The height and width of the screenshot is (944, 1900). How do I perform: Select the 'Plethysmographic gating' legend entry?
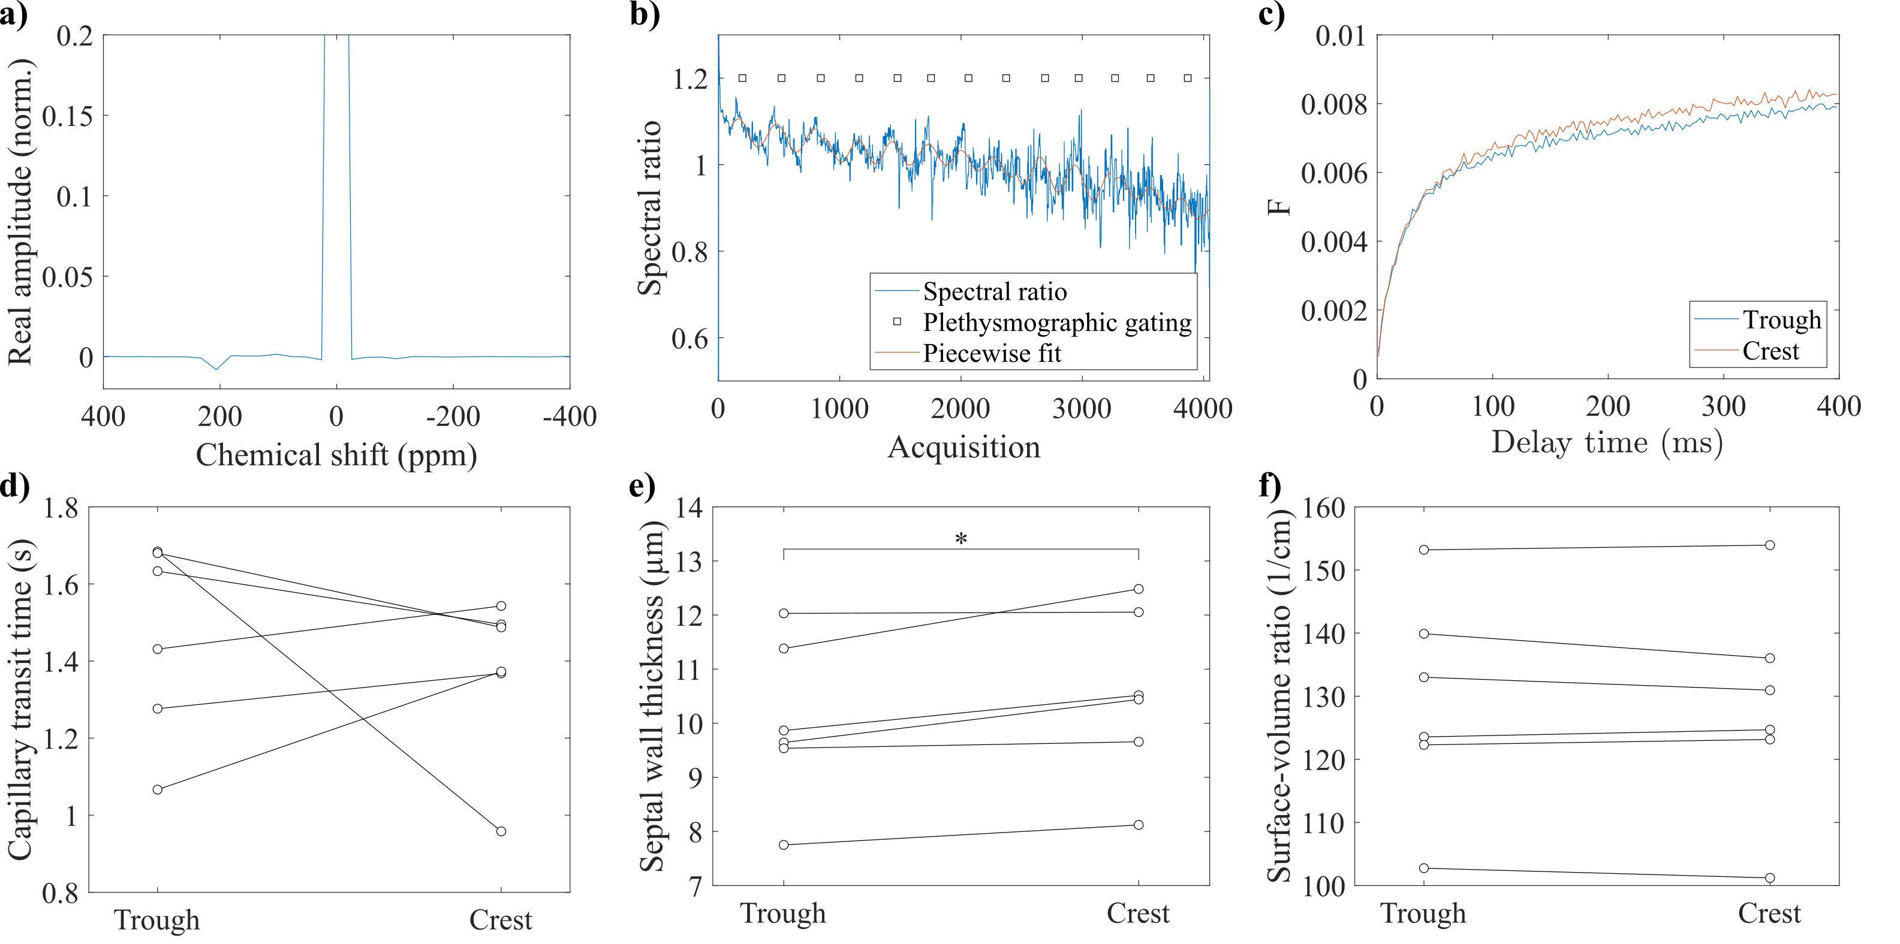pos(1056,322)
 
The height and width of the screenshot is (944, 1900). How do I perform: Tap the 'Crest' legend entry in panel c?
pos(1770,351)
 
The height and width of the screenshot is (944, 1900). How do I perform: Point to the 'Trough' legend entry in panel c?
pos(1781,319)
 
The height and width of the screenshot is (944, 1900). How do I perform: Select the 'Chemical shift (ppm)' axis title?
pos(336,455)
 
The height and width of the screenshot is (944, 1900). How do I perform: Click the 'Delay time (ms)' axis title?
pos(1606,442)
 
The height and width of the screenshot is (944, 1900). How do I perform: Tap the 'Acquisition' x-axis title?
pos(963,447)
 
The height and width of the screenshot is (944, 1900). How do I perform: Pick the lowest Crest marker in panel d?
pos(501,831)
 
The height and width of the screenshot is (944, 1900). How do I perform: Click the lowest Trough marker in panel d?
pos(157,789)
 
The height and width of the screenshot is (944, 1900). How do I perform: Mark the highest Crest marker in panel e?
pos(1138,589)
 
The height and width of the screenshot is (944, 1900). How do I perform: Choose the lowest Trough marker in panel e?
pos(783,845)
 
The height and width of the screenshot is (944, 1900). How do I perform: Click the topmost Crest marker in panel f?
pos(1769,545)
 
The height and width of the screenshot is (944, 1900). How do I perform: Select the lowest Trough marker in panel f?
pos(1423,868)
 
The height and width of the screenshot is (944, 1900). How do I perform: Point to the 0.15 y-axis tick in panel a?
pos(67,116)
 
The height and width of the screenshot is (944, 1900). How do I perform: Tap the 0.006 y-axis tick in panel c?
pos(1333,173)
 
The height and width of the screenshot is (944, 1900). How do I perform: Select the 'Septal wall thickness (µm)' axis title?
pos(652,695)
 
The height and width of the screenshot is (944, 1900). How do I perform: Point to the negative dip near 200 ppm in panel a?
pos(216,368)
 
